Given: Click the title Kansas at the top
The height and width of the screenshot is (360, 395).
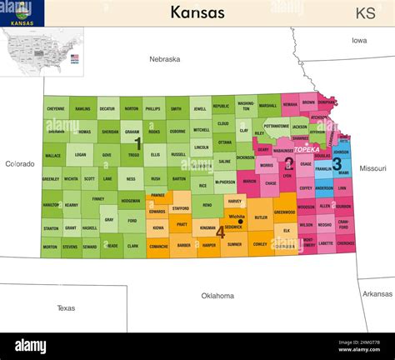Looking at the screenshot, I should [197, 12].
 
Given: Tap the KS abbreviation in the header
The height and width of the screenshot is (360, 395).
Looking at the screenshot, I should [365, 13].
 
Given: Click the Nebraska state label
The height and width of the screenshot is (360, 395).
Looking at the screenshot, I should [164, 59].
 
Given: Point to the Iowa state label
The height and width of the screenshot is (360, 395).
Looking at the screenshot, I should [358, 40].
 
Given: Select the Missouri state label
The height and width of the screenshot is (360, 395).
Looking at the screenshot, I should [372, 167].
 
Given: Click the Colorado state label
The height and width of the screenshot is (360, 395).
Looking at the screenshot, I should [19, 163].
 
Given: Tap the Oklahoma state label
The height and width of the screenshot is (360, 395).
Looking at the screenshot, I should [217, 295].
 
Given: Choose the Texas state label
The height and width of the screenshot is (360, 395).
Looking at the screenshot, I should [66, 307].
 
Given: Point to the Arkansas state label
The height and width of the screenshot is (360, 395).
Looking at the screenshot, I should [377, 293].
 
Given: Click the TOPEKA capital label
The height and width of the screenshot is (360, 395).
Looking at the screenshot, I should [306, 149].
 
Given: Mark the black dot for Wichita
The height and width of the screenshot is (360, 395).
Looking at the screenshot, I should [241, 222].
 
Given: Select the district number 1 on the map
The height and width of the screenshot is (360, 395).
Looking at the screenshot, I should [137, 142].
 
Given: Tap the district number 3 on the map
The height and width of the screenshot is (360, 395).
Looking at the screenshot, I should [336, 163].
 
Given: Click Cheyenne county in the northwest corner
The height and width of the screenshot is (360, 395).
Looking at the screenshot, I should [56, 109].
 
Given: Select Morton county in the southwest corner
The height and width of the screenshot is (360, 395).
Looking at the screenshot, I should [50, 247].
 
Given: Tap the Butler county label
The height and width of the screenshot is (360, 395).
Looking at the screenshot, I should [260, 217].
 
